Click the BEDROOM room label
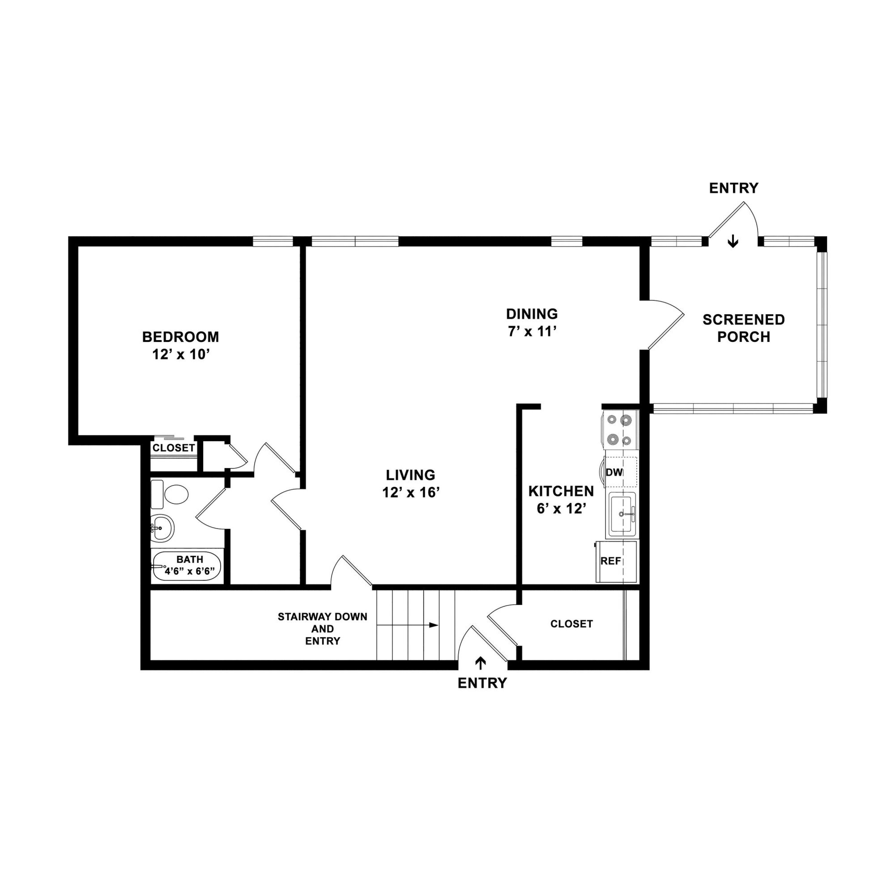[181, 337]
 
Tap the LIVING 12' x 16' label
[411, 484]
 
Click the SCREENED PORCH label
[743, 328]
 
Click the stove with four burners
[620, 429]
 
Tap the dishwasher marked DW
[621, 472]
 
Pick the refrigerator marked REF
[617, 561]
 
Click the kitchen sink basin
[622, 515]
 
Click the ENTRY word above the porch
[734, 188]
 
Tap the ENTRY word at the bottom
[482, 683]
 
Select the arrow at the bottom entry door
[481, 663]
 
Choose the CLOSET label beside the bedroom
[174, 448]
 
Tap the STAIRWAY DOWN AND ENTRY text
[322, 629]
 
